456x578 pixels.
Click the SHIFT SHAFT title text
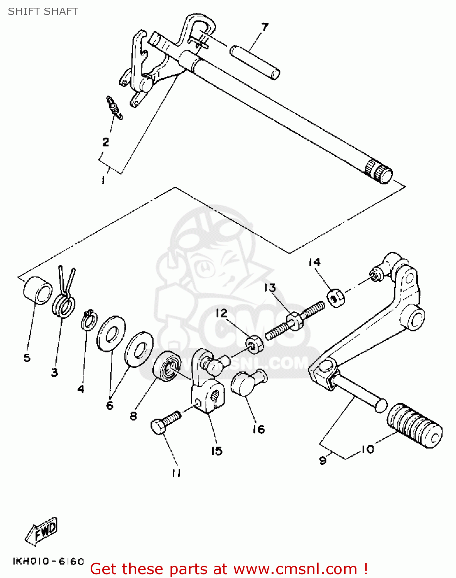click(43, 12)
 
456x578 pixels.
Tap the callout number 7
click(265, 27)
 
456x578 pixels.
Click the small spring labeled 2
click(114, 108)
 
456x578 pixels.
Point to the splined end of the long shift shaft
click(378, 171)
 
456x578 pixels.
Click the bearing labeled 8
click(167, 366)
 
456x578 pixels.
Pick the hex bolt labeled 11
click(165, 423)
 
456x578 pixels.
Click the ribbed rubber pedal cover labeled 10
click(415, 426)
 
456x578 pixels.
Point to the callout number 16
click(258, 429)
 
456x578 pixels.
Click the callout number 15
click(216, 450)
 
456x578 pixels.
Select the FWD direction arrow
click(42, 531)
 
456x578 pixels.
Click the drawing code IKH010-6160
click(48, 561)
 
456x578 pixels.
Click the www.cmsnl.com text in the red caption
click(295, 569)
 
